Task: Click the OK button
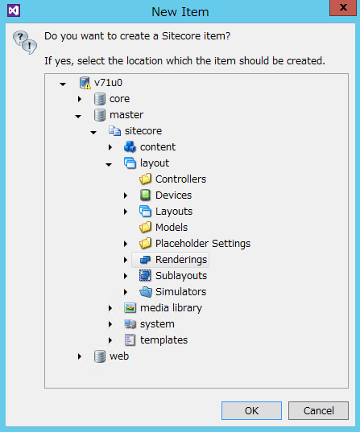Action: pyautogui.click(x=251, y=410)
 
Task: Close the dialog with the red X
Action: pyautogui.click(x=343, y=7)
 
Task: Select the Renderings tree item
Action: pyautogui.click(x=181, y=260)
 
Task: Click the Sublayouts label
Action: pyautogui.click(x=181, y=275)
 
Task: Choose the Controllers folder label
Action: pyautogui.click(x=180, y=179)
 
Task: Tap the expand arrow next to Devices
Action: pyautogui.click(x=126, y=195)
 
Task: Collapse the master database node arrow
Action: pyautogui.click(x=78, y=117)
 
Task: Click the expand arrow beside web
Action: pyautogui.click(x=80, y=356)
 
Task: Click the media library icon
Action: pyautogui.click(x=130, y=308)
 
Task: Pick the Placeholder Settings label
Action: pyautogui.click(x=203, y=244)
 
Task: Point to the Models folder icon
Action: pyautogui.click(x=145, y=228)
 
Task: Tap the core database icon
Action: pyautogui.click(x=100, y=99)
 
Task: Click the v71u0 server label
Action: pyautogui.click(x=108, y=83)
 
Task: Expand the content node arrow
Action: pyautogui.click(x=110, y=147)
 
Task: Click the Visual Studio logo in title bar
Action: pyautogui.click(x=14, y=10)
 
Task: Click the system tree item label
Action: pyautogui.click(x=157, y=324)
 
